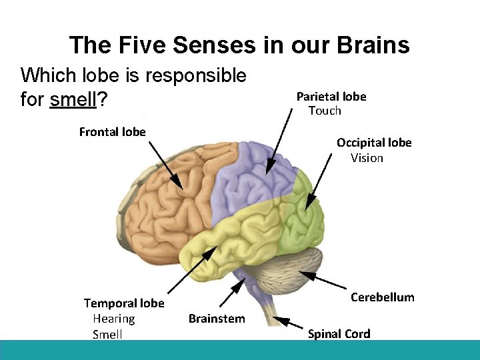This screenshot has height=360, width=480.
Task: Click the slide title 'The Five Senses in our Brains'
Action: [239, 45]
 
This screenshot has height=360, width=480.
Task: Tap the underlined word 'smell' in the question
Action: [73, 100]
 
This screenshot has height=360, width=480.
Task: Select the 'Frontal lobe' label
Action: [112, 131]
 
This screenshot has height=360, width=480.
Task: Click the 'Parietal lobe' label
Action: [331, 97]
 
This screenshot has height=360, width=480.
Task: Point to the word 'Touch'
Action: [325, 111]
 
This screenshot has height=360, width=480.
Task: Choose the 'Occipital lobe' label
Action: [374, 143]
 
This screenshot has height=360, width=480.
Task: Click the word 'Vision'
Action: [367, 158]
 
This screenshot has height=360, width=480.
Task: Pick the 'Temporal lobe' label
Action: [124, 304]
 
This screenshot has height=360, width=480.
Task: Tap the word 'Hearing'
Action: [113, 319]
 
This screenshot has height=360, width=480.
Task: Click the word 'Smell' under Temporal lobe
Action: [107, 334]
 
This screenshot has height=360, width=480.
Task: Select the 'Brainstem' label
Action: [217, 319]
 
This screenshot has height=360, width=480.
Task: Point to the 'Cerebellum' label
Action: [382, 297]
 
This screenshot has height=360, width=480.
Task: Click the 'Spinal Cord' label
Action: [339, 334]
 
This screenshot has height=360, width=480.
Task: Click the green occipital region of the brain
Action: [303, 213]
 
